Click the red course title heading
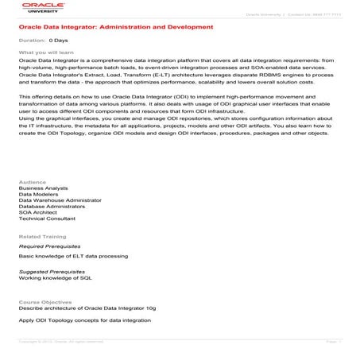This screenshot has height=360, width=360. click(116, 27)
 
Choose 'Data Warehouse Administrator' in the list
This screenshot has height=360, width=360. click(57, 200)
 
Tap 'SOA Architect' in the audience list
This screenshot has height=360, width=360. click(37, 213)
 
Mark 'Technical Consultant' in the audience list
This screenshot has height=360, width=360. click(46, 219)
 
